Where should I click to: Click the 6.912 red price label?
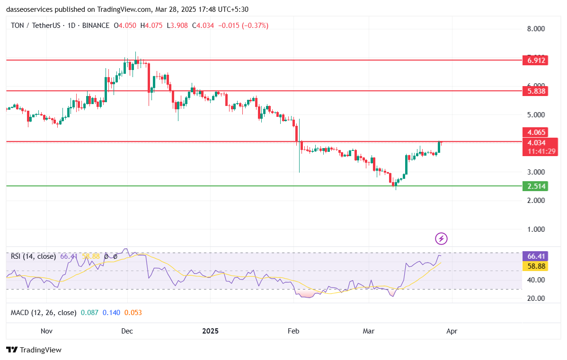[535, 60]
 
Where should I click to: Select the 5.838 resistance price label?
[535, 91]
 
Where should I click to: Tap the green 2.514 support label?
[535, 186]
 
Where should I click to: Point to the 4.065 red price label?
[535, 132]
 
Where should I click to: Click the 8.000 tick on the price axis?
[536, 29]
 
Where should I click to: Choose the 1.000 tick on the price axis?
[536, 229]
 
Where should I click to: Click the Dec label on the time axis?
[127, 331]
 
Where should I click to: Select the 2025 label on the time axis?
[210, 331]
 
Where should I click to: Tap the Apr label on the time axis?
[452, 331]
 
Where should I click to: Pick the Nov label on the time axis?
[46, 331]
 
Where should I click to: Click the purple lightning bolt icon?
[441, 238]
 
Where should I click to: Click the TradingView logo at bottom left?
[34, 350]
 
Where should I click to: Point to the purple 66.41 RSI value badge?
[535, 256]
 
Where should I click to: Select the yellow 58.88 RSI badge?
[535, 266]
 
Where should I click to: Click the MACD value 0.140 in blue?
[111, 313]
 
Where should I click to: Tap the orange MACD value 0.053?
[133, 313]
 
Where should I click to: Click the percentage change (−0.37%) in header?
[255, 26]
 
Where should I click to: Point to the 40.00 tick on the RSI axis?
[536, 280]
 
